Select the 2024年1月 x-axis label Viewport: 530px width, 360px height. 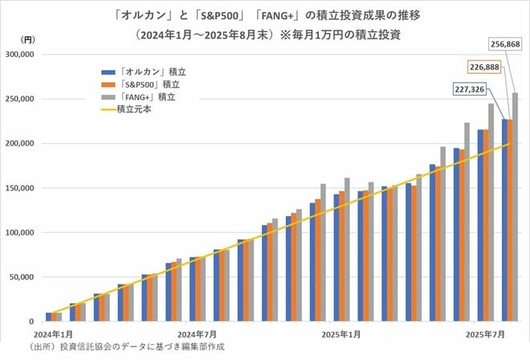click(x=54, y=333)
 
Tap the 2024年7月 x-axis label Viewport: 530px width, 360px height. click(x=198, y=333)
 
